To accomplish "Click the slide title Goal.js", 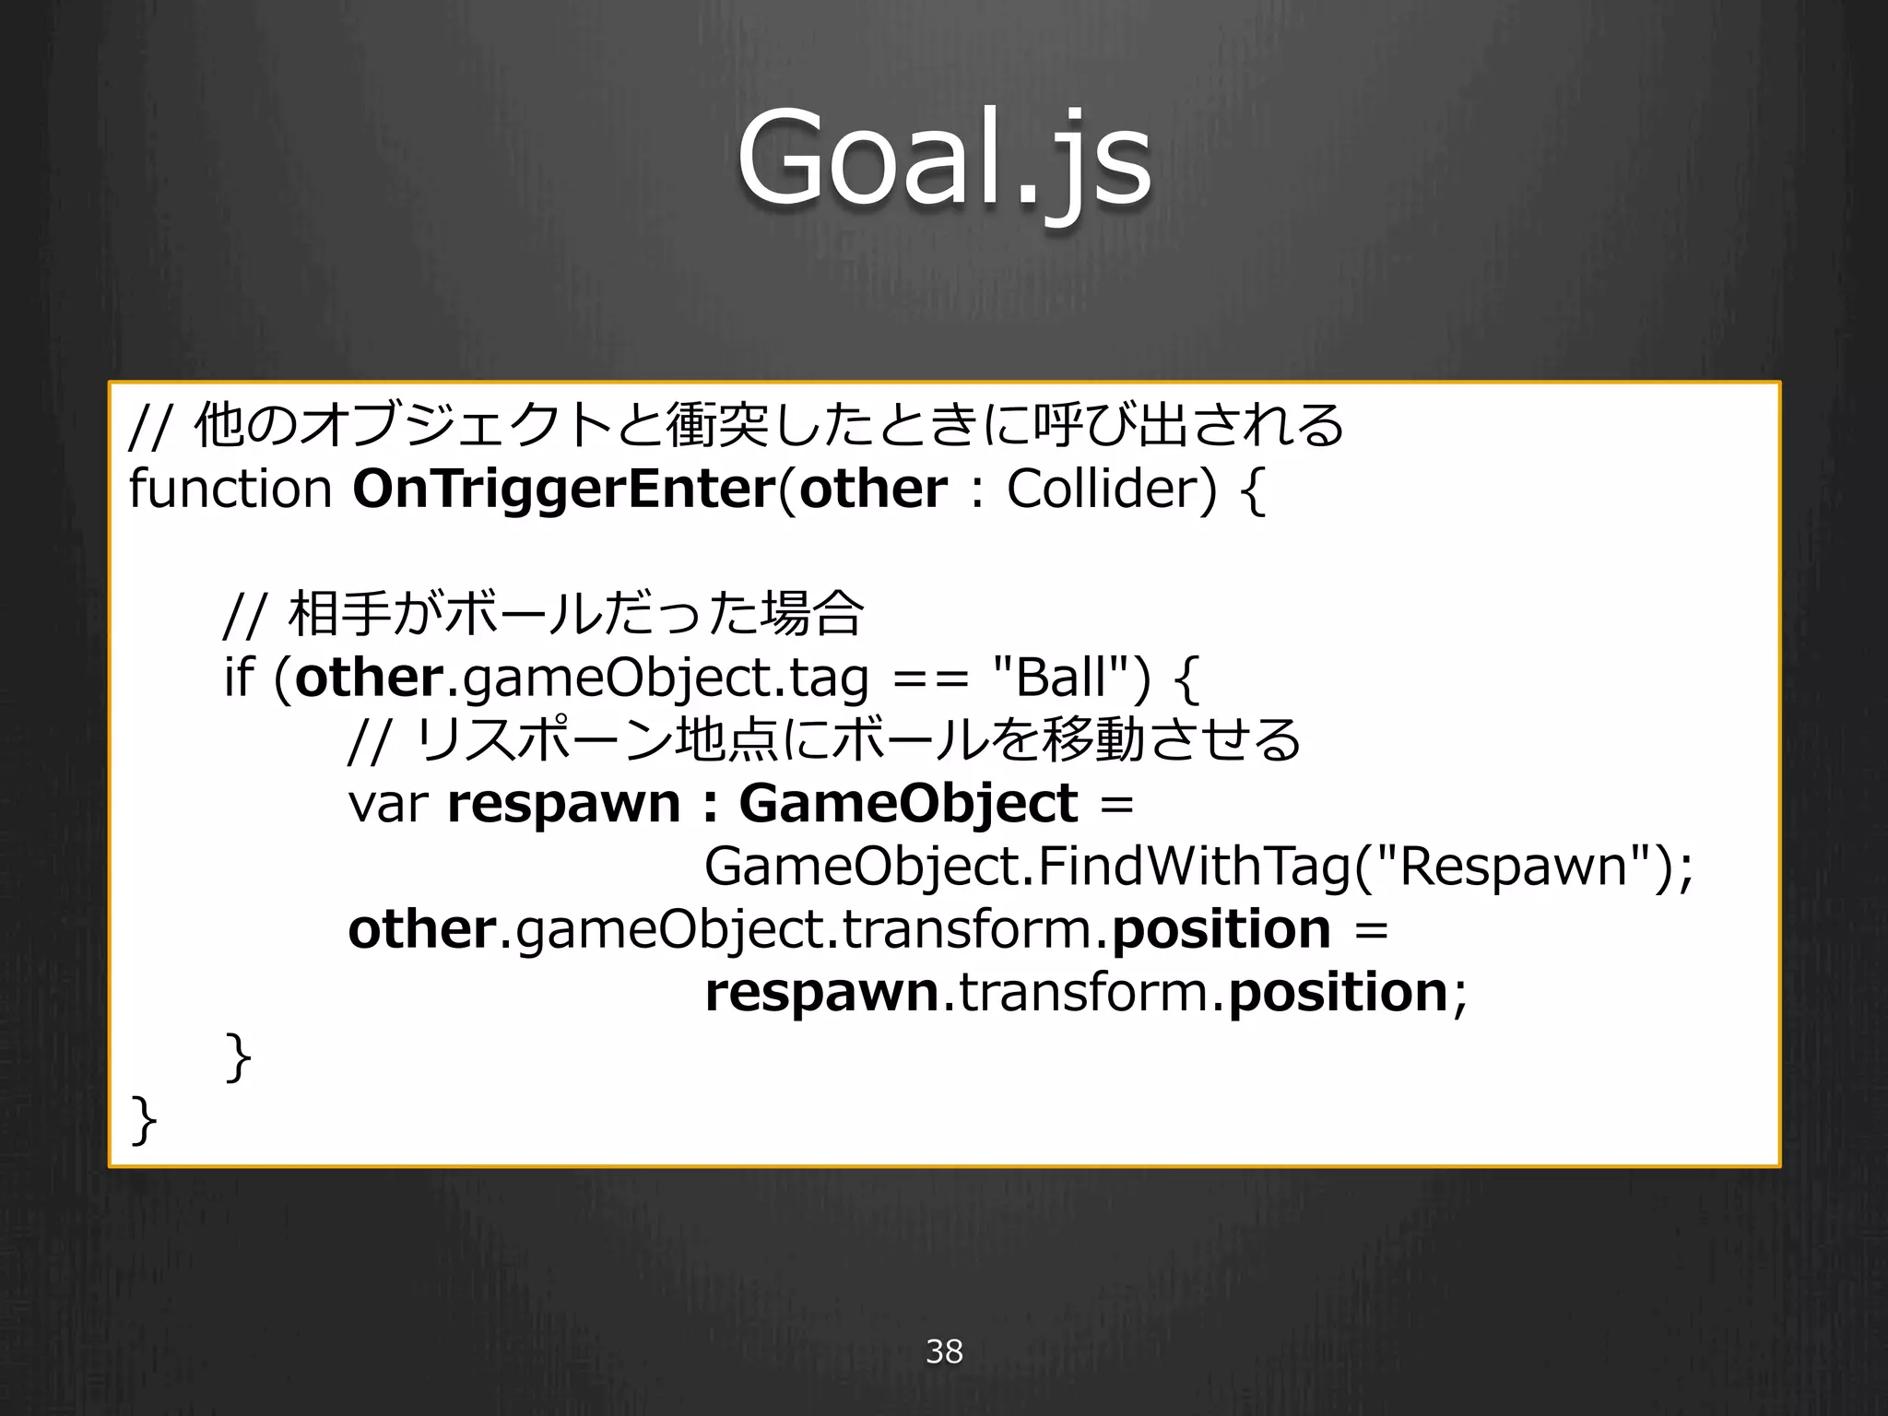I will (x=944, y=159).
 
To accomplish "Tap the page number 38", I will (x=944, y=1351).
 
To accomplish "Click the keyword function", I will (x=230, y=489).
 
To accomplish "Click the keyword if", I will (x=238, y=678).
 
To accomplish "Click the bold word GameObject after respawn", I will (x=908, y=804).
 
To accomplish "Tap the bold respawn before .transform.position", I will (x=821, y=993).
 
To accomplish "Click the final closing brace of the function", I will (x=144, y=1120).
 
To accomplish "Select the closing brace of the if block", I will (x=238, y=1057).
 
